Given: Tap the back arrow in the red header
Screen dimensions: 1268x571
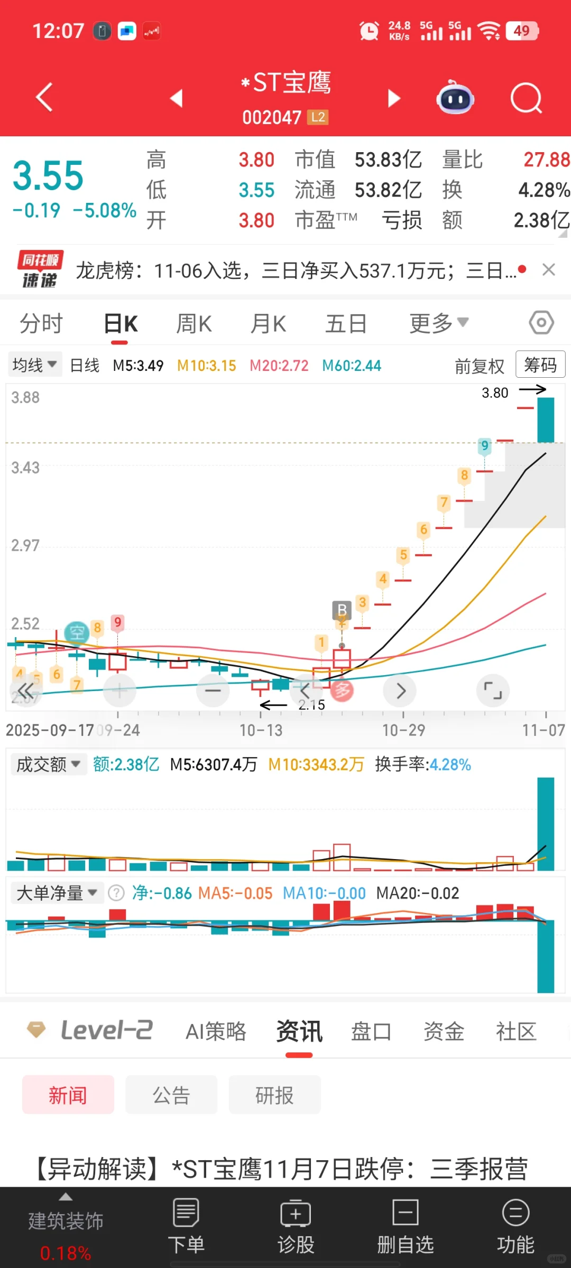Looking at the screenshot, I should tap(44, 97).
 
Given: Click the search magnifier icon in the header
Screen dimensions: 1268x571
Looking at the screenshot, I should tap(526, 98).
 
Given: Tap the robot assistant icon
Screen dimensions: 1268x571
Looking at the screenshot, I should tap(455, 98).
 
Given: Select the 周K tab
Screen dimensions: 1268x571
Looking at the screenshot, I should tap(194, 323).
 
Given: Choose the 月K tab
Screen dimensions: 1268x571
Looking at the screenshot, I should tap(268, 323).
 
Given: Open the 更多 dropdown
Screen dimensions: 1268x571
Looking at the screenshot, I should tap(438, 323).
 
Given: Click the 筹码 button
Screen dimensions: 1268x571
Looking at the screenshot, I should tap(540, 365).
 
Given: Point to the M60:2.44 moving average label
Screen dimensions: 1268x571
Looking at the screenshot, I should tap(352, 366).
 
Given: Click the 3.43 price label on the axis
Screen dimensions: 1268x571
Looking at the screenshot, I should tap(25, 468).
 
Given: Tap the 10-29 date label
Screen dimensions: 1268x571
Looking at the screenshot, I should tap(403, 730).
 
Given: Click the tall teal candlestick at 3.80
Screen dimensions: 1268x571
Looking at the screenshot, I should tap(546, 420).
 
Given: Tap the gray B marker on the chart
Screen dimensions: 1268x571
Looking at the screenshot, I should tap(342, 610).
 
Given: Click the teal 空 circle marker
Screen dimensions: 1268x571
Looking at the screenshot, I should tap(77, 632).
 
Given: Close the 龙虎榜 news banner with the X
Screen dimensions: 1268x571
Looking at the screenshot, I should tap(549, 270).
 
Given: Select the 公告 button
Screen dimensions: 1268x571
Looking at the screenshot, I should tap(171, 1095).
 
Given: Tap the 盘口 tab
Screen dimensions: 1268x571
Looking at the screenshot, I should tap(371, 1031).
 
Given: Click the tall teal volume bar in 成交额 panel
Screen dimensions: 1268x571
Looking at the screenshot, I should tap(546, 824).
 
